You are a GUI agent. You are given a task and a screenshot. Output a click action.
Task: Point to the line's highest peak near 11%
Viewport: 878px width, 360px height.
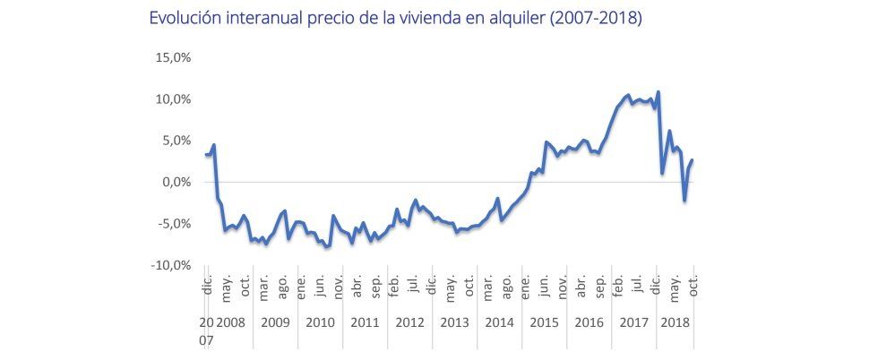pyautogui.click(x=658, y=91)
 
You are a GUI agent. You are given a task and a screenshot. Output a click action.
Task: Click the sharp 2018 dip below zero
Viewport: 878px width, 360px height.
pyautogui.click(x=684, y=201)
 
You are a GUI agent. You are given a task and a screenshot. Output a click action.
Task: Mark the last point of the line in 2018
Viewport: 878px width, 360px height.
pyautogui.click(x=693, y=159)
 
